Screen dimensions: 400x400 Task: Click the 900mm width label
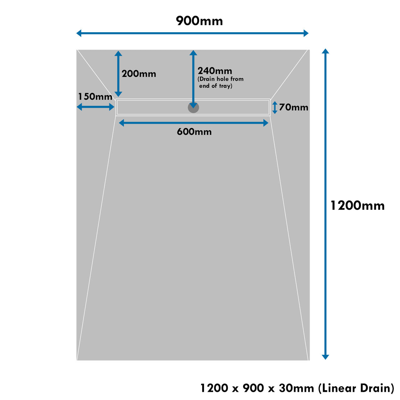click(x=199, y=21)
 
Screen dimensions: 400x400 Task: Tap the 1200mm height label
click(x=357, y=206)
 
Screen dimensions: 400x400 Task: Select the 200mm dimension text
click(x=139, y=74)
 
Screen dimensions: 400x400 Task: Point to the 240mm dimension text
click(x=215, y=71)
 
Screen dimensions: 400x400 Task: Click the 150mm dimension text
click(x=95, y=97)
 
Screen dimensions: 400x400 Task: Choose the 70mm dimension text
click(x=293, y=107)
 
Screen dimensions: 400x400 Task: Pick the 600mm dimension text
click(x=194, y=132)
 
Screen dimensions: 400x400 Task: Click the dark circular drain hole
click(x=193, y=107)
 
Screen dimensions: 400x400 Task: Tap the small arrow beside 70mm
click(x=275, y=107)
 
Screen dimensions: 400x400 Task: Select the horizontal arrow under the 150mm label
click(x=96, y=107)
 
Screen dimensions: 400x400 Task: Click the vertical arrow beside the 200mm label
click(x=118, y=74)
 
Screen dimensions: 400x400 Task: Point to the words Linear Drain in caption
click(x=356, y=388)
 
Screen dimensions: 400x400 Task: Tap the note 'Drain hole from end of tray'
click(x=220, y=82)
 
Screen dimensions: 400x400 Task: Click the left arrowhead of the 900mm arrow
click(x=79, y=33)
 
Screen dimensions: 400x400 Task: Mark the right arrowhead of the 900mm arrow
click(x=306, y=33)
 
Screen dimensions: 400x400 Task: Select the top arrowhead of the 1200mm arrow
click(x=326, y=51)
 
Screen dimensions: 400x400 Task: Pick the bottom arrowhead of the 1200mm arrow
click(x=326, y=357)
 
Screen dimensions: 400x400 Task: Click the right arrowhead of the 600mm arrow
click(x=266, y=123)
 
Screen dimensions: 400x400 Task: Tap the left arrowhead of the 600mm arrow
click(x=122, y=123)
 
